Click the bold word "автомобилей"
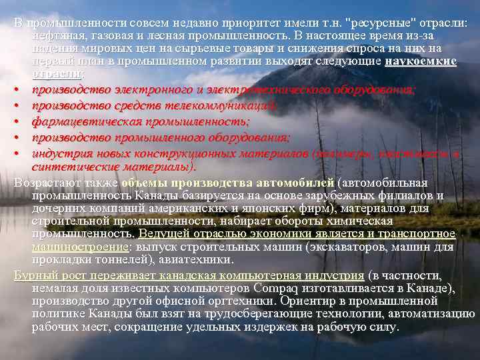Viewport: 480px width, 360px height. click(x=301, y=182)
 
